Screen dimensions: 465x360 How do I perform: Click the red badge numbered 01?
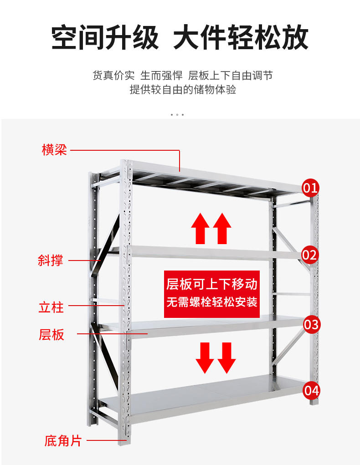click(310, 187)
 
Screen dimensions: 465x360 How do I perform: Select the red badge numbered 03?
click(311, 324)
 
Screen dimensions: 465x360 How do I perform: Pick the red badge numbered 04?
click(311, 390)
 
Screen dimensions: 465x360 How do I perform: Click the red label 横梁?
click(54, 149)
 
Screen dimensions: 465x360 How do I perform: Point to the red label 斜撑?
click(50, 261)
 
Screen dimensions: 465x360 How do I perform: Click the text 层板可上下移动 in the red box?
click(212, 285)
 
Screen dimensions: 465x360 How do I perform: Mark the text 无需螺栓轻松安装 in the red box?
click(212, 302)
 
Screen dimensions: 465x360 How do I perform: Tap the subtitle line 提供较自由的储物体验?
click(183, 89)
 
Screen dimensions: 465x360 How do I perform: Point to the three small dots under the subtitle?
click(177, 114)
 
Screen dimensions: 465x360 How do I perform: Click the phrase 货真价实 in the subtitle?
click(113, 75)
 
